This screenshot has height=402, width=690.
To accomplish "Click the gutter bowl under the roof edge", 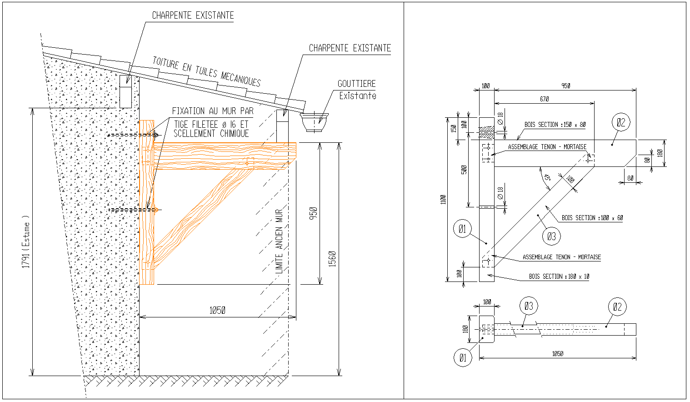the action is [314, 122].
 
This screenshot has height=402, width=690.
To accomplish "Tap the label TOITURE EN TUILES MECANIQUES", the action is [207, 71].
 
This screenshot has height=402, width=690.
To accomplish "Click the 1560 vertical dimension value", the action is [332, 259].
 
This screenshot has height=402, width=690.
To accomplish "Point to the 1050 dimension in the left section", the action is [217, 310].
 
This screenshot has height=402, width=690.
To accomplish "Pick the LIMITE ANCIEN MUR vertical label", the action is [279, 241].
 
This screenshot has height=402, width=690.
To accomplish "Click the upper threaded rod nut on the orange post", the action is [155, 135].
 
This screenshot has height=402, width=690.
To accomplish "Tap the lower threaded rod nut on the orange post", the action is [156, 210].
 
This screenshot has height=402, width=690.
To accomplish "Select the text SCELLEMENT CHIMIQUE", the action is [211, 134].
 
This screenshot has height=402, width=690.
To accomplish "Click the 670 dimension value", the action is [544, 99].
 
